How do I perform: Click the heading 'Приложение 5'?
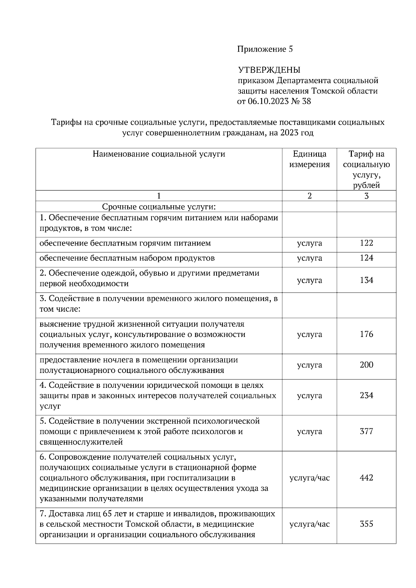pyautogui.click(x=265, y=49)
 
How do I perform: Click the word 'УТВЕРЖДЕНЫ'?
pyautogui.click(x=269, y=70)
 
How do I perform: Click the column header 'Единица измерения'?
pyautogui.click(x=309, y=159)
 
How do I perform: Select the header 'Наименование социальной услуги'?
pyautogui.click(x=159, y=154)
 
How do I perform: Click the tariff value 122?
pyautogui.click(x=366, y=243)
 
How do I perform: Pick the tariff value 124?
pyautogui.click(x=366, y=258)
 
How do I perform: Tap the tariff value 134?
pyautogui.click(x=366, y=280)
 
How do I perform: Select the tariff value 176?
pyautogui.click(x=366, y=335)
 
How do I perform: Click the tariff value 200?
pyautogui.click(x=366, y=365)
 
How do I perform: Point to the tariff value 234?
pyautogui.click(x=366, y=395)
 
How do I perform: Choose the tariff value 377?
pyautogui.click(x=366, y=431)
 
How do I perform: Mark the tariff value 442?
pyautogui.click(x=366, y=478)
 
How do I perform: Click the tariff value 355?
pyautogui.click(x=366, y=524)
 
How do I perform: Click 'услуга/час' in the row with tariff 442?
pyautogui.click(x=309, y=478)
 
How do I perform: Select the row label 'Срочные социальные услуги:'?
pyautogui.click(x=159, y=207)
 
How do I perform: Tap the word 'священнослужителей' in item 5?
pyautogui.click(x=81, y=442)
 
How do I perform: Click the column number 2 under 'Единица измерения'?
pyautogui.click(x=309, y=196)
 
